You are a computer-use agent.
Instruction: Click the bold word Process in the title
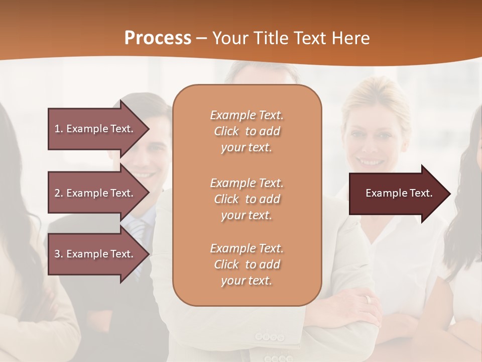pos(158,38)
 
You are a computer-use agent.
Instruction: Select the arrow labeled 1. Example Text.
pos(95,129)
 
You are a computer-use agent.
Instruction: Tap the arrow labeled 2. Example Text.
pos(95,193)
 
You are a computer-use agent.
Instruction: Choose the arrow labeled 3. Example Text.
pos(95,254)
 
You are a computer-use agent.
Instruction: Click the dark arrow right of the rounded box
pos(397,194)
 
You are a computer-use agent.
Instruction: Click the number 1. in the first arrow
pos(59,129)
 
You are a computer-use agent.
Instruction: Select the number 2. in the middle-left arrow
pos(59,193)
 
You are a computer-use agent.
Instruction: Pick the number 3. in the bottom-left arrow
pos(59,254)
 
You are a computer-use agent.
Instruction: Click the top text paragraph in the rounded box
pos(247,131)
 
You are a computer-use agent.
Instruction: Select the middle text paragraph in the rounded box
pos(247,199)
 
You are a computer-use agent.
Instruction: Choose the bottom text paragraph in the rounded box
pos(247,264)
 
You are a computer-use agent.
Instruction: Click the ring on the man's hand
pos(369,299)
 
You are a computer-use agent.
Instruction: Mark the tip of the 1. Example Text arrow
pos(149,129)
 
